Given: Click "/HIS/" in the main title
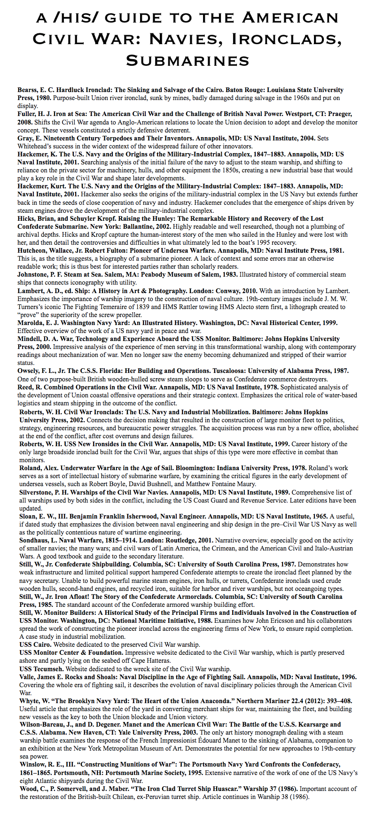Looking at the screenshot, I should pyautogui.click(x=73, y=18).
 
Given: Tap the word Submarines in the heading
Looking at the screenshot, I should pyautogui.click(x=188, y=61).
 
